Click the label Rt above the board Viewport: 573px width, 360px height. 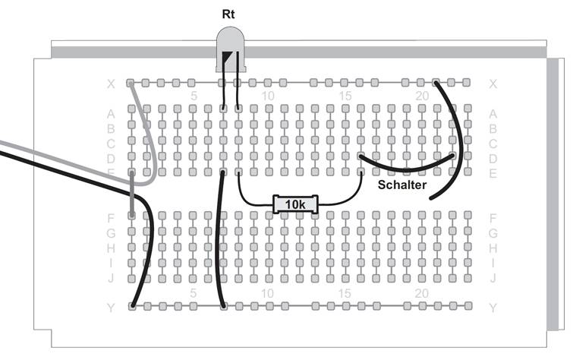coord(228,14)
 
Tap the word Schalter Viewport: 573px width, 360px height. coord(402,184)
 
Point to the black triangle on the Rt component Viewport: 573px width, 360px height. coord(228,58)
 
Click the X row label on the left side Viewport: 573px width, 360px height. coord(111,84)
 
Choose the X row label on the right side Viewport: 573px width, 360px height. coord(493,84)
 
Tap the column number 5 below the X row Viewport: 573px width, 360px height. coord(194,96)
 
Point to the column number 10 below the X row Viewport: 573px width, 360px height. coord(267,96)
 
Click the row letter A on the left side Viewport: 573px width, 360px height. coord(111,113)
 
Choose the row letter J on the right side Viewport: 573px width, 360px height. coord(493,277)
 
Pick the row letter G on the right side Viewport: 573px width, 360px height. coord(493,232)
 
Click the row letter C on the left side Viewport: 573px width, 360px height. coord(111,143)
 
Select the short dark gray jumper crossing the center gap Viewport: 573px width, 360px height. coord(132,194)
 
